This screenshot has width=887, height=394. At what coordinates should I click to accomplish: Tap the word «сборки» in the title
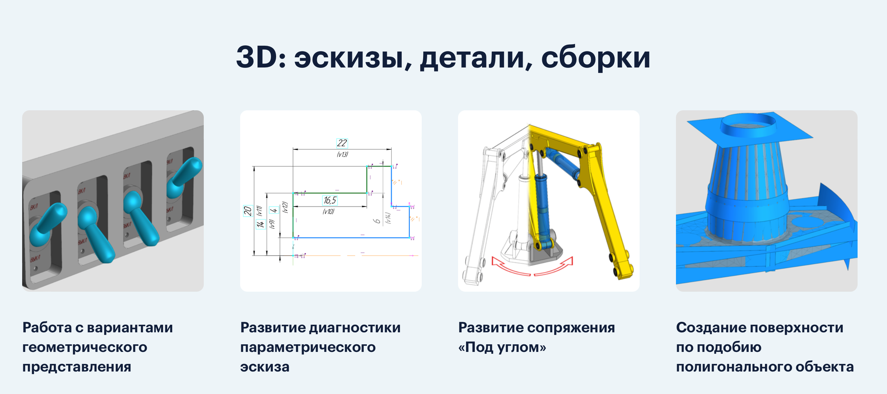pos(595,58)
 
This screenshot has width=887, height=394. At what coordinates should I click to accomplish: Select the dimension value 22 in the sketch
pos(342,143)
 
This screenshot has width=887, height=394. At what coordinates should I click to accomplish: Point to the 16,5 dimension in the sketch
pos(330,201)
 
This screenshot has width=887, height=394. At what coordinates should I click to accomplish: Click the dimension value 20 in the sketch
pos(247,211)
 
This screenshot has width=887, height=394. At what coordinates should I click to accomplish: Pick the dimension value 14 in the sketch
pos(260,224)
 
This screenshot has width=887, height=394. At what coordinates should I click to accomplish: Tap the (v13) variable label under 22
pos(342,154)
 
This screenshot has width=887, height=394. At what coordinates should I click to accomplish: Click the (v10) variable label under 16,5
pos(329,212)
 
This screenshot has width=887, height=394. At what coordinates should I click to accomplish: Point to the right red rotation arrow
pos(554,267)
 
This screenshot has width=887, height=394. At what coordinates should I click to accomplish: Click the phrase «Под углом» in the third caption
pos(502,347)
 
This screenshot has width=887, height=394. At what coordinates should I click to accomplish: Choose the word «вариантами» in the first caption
pos(130,328)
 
